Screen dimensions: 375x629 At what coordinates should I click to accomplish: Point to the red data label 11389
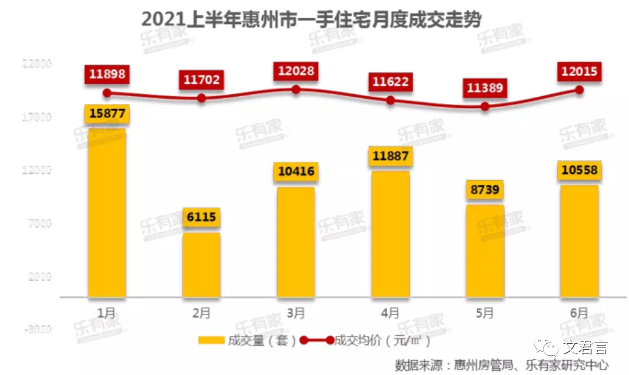pyautogui.click(x=484, y=88)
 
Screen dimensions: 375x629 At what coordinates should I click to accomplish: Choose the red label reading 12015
pyautogui.click(x=579, y=72)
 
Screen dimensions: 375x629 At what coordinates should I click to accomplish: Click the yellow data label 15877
pyautogui.click(x=107, y=115)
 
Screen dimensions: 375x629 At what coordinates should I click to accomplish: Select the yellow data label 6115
pyautogui.click(x=202, y=218)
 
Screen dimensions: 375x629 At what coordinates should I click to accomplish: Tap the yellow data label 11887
pyautogui.click(x=390, y=156)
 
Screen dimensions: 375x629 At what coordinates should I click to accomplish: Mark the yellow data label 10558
pyautogui.click(x=579, y=171)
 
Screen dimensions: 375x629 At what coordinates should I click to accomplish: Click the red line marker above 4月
pyautogui.click(x=390, y=100)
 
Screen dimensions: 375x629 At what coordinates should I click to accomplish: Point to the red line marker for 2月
pyautogui.click(x=202, y=97)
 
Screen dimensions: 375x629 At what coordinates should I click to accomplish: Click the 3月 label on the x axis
pyautogui.click(x=296, y=313)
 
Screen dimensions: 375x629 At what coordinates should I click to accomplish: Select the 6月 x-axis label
pyautogui.click(x=579, y=313)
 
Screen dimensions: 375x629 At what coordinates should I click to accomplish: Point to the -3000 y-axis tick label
pyautogui.click(x=39, y=329)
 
